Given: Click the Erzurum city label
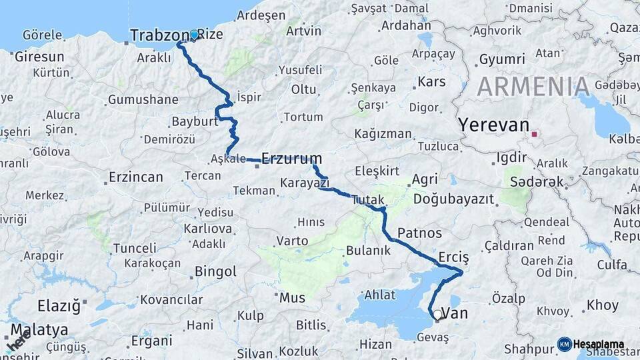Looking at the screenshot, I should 291,159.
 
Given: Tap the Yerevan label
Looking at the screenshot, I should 493,125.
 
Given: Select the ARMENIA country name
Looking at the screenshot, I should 533,87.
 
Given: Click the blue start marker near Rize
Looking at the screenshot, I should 194,35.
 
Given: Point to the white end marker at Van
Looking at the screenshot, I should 437,314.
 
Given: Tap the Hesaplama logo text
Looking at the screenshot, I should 598,345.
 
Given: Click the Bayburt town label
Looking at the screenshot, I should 195,122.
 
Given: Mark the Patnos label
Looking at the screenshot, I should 420,233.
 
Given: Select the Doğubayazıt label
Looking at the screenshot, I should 453,199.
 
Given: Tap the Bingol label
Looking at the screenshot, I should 215,271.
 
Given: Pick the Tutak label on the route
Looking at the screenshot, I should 368,199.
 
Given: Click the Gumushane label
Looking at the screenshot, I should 143,100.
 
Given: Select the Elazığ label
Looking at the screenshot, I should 59,307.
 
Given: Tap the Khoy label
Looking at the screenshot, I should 602,306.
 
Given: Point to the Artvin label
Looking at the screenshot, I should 303,31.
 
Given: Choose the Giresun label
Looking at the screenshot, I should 39,57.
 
